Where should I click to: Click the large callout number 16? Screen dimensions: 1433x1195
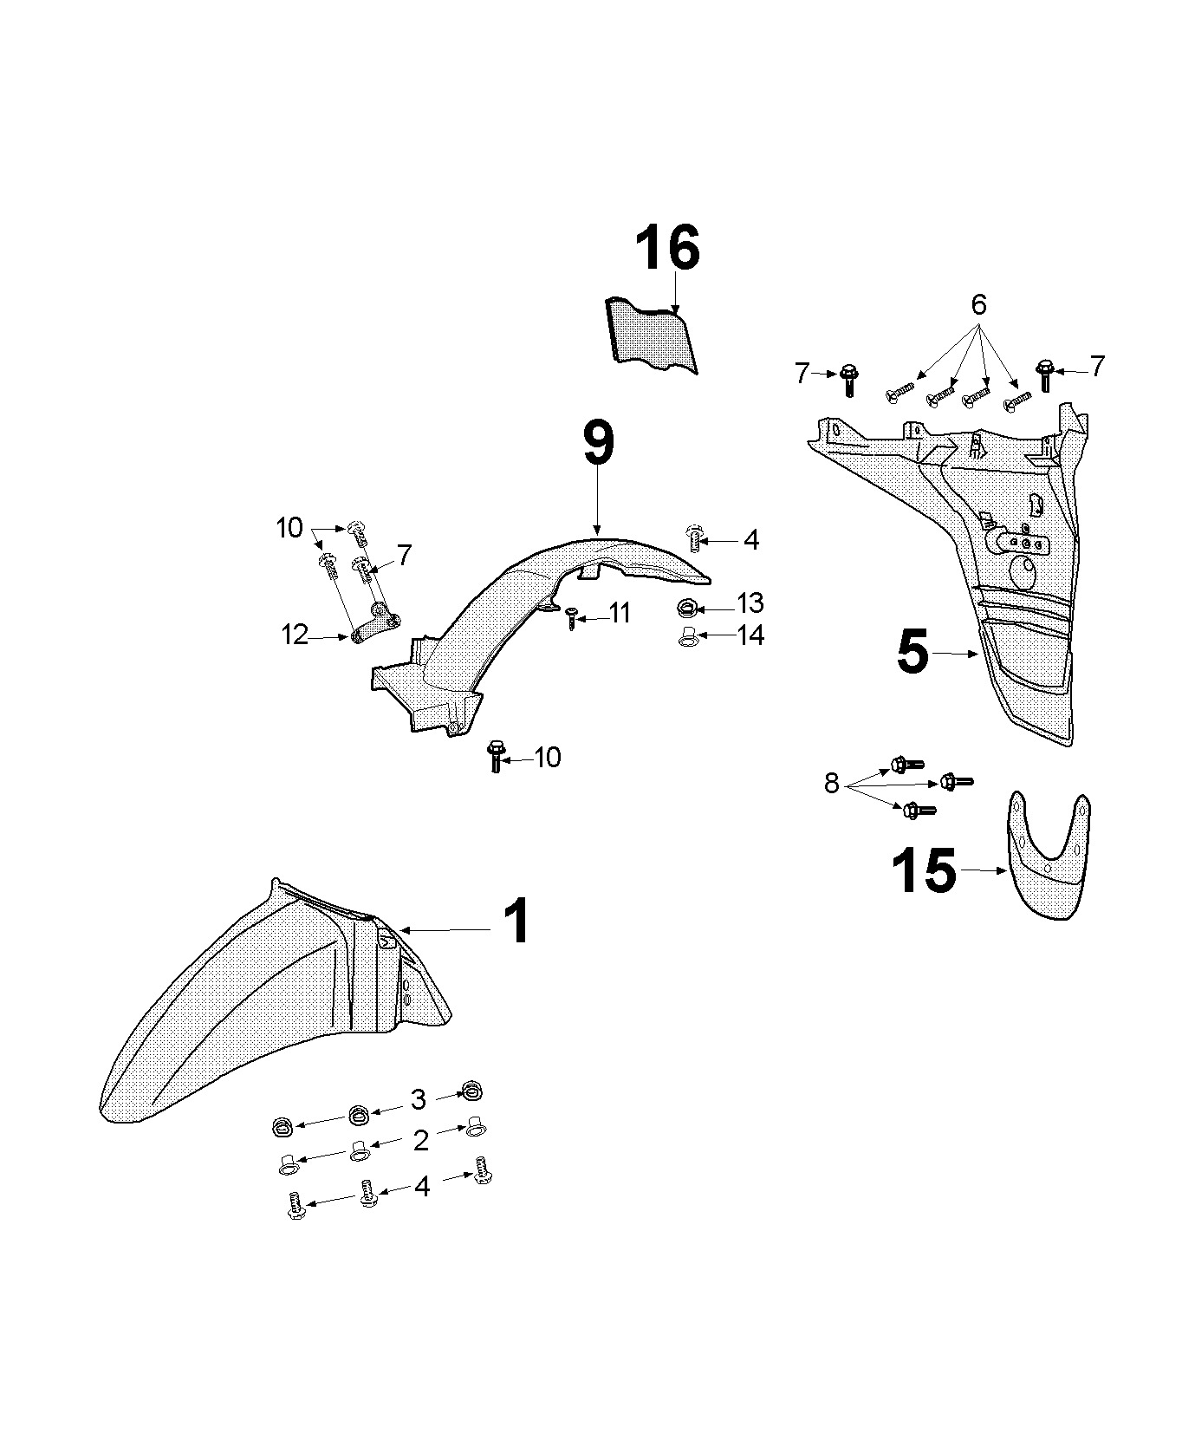[667, 250]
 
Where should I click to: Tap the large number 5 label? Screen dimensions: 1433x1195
[912, 653]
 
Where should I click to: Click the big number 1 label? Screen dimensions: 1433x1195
[516, 922]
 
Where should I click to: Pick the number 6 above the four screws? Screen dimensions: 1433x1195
[978, 305]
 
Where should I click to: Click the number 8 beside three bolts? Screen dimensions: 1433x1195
[832, 785]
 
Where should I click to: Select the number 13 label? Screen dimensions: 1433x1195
[750, 603]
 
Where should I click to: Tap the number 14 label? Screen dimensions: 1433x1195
[750, 635]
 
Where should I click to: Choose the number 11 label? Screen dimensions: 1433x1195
[620, 614]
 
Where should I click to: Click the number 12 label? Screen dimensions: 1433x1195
[295, 635]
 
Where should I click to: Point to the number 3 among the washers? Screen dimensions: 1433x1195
[418, 1100]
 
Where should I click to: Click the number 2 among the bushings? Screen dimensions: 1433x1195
[420, 1141]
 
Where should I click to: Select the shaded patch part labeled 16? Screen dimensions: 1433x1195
[652, 336]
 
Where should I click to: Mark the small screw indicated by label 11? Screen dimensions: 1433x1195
[571, 617]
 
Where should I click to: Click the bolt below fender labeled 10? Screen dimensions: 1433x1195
[496, 756]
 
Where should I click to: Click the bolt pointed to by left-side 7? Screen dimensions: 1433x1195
[848, 379]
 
